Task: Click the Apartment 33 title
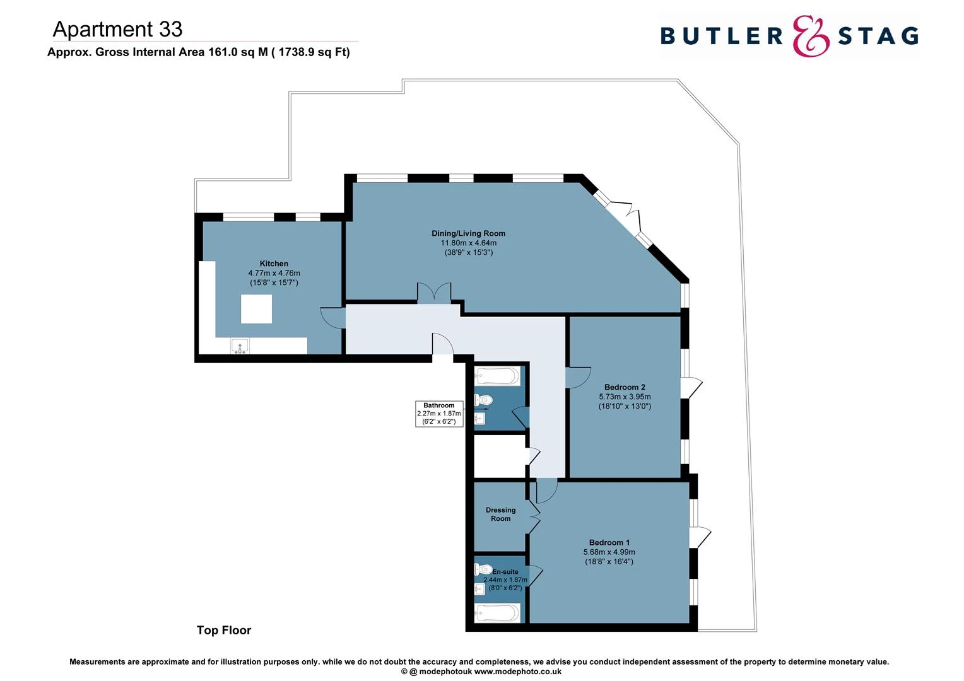click(118, 29)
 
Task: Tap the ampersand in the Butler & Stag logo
click(810, 36)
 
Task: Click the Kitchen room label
click(274, 264)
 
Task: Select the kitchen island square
click(256, 309)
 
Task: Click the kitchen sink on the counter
click(240, 346)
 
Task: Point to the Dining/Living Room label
click(468, 233)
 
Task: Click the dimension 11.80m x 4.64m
click(468, 243)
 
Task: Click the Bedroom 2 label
click(625, 387)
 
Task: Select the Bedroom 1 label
click(609, 542)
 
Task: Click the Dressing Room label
click(500, 515)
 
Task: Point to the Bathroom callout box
click(439, 414)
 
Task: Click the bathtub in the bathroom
click(498, 377)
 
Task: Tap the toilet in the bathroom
click(483, 400)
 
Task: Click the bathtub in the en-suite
click(498, 612)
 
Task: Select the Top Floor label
click(224, 630)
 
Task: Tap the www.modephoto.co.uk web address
click(517, 672)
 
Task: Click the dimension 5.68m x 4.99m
click(609, 552)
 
